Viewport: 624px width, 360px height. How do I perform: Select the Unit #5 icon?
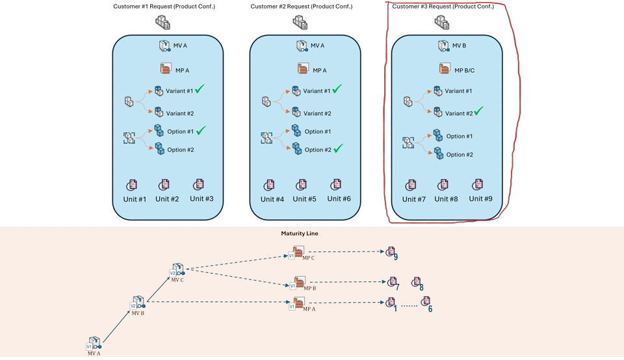pos(302,185)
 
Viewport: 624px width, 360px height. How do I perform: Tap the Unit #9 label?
pos(480,199)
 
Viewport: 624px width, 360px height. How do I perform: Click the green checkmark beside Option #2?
pos(337,149)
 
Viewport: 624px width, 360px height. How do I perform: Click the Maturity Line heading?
pos(300,233)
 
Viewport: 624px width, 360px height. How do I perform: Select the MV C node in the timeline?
pos(177,272)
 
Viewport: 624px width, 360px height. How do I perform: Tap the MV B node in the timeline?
pos(137,305)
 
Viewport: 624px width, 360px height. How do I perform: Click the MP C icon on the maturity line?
pos(298,252)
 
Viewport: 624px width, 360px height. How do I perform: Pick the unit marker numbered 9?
pos(391,252)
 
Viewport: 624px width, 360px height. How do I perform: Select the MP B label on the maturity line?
pos(309,287)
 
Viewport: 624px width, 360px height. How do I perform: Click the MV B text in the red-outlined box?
pos(459,46)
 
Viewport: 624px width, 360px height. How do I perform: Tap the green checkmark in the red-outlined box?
pos(478,112)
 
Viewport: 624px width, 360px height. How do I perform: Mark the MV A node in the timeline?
pos(94,344)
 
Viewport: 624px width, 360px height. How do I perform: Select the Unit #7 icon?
pos(411,185)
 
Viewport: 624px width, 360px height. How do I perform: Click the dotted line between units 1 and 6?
pos(408,305)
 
